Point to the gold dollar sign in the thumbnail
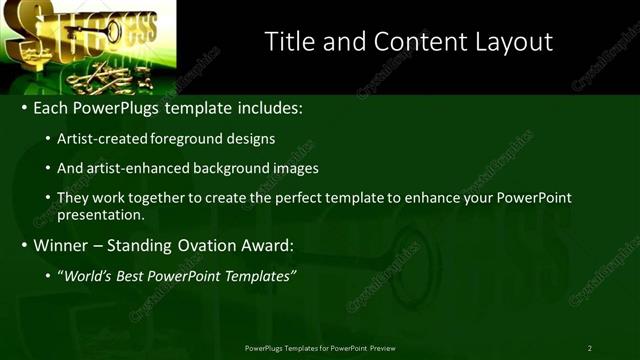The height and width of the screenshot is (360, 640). point(22,30)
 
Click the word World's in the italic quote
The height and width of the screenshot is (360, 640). point(88,276)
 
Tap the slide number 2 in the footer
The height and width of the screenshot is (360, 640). point(589,348)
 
